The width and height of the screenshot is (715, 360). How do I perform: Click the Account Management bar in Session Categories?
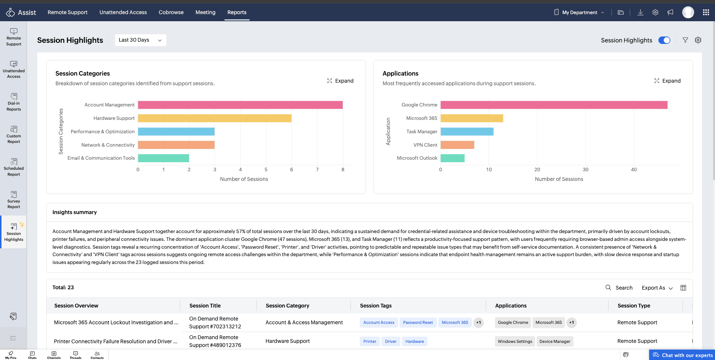pos(240,105)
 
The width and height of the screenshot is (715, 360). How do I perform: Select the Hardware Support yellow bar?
pos(215,118)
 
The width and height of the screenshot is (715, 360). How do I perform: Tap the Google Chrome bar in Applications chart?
pos(554,105)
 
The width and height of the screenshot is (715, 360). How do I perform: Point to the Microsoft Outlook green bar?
pos(452,158)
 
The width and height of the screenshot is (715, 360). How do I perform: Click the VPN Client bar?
pos(457,145)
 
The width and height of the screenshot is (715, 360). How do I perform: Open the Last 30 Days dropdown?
pos(140,40)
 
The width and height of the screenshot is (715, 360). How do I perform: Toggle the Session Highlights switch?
pos(664,40)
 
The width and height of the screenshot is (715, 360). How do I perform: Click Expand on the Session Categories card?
pos(340,81)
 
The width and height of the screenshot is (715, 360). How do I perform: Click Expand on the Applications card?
pos(667,81)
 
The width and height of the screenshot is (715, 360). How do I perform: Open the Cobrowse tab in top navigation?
pos(171,12)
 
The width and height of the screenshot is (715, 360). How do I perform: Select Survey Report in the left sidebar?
pos(14,200)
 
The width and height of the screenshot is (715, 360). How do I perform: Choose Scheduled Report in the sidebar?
pos(14,167)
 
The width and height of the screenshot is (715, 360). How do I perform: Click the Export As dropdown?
pos(657,288)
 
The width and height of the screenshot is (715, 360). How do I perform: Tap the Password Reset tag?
pos(418,322)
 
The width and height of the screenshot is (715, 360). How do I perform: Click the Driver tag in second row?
pos(391,341)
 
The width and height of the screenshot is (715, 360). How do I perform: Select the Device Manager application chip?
pos(555,341)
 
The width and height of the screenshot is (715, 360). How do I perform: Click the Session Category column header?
pos(287,306)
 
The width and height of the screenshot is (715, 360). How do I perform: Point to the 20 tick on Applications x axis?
pos(537,169)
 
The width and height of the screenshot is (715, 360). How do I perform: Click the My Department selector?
pos(579,12)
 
